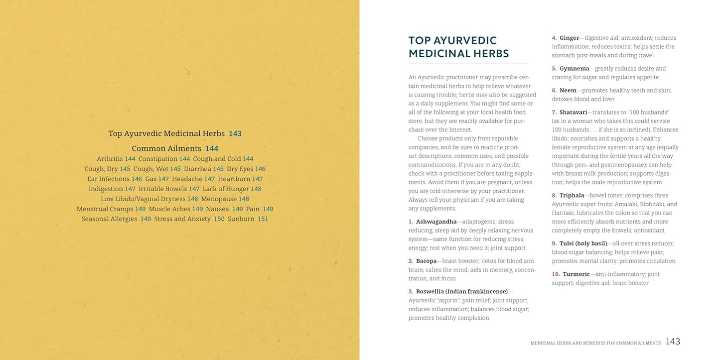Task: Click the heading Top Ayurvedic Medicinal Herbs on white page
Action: (458, 47)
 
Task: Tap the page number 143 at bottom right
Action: (673, 342)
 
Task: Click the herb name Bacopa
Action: (426, 261)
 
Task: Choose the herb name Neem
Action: (568, 91)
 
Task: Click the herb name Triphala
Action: (573, 196)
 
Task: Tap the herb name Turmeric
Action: (576, 274)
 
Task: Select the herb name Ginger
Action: (569, 38)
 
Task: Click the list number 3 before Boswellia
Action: (411, 291)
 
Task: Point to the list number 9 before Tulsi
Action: (554, 243)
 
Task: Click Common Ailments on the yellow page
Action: (166, 148)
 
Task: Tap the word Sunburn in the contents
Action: (241, 219)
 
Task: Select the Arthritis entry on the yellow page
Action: (110, 159)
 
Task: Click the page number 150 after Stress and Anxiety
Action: (219, 219)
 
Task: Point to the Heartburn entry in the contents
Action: (234, 179)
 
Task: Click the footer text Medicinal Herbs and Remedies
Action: (595, 343)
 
